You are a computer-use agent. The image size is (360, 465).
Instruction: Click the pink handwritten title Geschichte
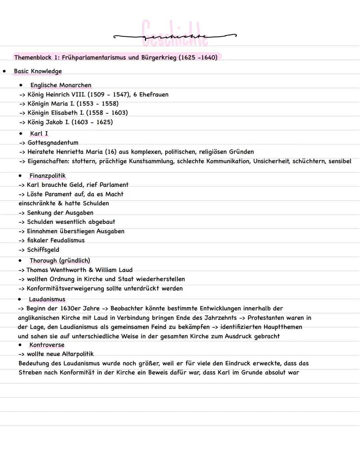(175, 33)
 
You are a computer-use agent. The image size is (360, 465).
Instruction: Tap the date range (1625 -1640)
(198, 57)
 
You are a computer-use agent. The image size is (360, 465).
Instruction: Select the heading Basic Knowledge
(38, 71)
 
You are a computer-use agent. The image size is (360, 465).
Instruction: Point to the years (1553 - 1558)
(97, 104)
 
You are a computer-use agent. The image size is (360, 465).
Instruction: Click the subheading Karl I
(39, 133)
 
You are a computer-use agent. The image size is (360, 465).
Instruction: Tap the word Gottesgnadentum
(53, 143)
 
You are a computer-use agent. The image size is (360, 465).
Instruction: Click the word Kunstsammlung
(151, 161)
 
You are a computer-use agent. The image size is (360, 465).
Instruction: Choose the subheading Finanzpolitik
(47, 176)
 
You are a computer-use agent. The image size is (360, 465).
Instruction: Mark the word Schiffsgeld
(43, 250)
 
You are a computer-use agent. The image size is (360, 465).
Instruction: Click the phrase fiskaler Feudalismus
(56, 241)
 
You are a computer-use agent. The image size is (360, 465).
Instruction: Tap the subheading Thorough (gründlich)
(60, 261)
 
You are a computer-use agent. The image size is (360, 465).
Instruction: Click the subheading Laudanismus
(47, 299)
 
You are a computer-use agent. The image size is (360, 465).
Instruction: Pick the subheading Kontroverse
(47, 345)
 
